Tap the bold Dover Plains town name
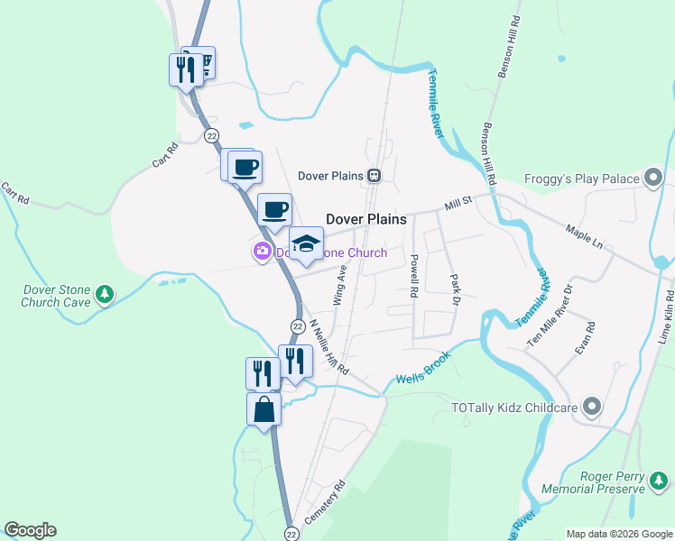[x=365, y=219]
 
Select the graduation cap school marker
[x=306, y=244]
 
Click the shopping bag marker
[x=264, y=409]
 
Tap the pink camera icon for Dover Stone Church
[x=263, y=252]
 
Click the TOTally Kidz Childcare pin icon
[x=592, y=408]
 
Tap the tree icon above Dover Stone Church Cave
[x=106, y=293]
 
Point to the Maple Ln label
[x=584, y=237]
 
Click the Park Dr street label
[x=455, y=289]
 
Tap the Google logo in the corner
[x=30, y=530]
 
